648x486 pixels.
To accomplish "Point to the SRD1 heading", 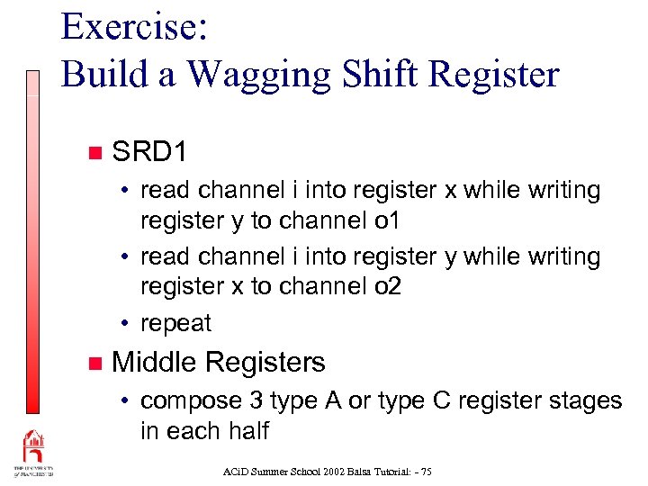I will point(149,151).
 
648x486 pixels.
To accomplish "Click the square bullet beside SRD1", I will point(94,152).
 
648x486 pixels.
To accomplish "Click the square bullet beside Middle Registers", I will point(94,364).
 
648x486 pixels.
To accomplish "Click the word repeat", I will point(176,323).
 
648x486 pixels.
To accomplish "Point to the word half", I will point(247,430).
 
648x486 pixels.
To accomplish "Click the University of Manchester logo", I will point(33,454).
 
